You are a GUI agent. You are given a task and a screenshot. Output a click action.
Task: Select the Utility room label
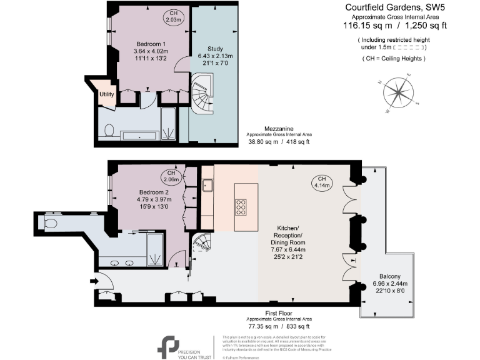(106, 94)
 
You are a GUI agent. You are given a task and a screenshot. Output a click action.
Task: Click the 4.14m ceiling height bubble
(322, 182)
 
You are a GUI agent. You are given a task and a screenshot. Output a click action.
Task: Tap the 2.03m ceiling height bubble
(173, 16)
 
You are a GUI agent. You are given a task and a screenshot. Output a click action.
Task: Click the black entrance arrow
(94, 282)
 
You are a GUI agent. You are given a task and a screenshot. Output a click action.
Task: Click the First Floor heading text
(279, 312)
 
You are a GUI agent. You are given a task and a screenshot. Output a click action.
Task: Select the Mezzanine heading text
(279, 129)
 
